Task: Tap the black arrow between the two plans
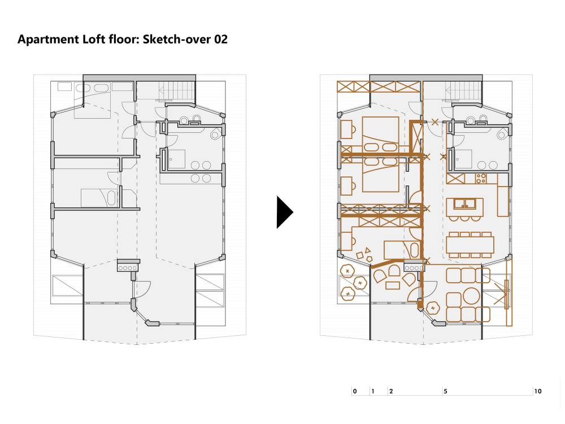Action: click(x=284, y=212)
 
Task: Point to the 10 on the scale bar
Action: click(x=537, y=391)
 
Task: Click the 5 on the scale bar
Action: click(x=445, y=391)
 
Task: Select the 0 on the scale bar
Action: click(x=354, y=391)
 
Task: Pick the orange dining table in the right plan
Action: click(x=470, y=244)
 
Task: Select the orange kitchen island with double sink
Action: click(x=464, y=206)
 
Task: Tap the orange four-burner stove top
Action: click(x=481, y=179)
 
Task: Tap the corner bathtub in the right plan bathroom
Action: click(x=501, y=135)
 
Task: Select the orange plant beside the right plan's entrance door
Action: click(x=433, y=308)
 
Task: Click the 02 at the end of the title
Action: click(x=220, y=40)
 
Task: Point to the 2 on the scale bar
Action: click(x=391, y=391)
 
